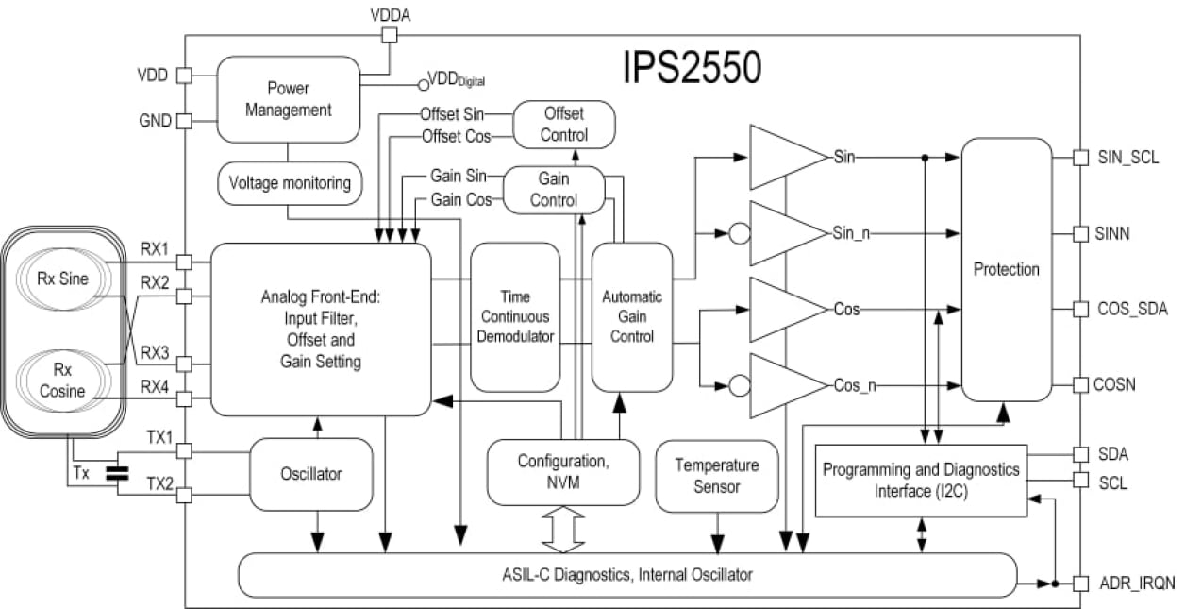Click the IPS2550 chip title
(692, 69)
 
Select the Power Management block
(288, 99)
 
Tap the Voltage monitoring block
(290, 182)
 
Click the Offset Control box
(563, 123)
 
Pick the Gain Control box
(553, 189)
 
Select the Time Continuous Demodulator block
(515, 316)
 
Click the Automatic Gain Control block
(632, 316)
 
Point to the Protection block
(1006, 270)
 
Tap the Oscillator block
(310, 473)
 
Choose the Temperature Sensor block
(716, 476)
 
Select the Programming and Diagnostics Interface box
(920, 480)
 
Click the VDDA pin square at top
(388, 36)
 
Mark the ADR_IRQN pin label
(1137, 584)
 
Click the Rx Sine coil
(61, 279)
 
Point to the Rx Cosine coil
(61, 382)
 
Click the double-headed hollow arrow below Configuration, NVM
(563, 530)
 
